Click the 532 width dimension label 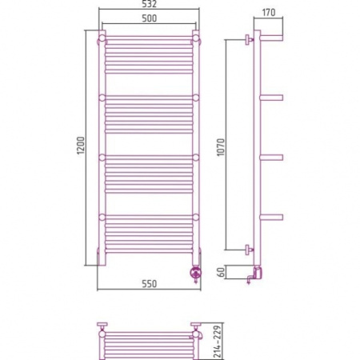pos(149,4)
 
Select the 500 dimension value pos(149,18)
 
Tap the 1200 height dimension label pos(80,146)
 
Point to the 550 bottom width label pos(149,284)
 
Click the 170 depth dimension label pos(269,12)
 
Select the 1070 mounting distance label pos(221,147)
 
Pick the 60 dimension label pos(221,272)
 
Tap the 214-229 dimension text pos(218,342)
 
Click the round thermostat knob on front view pos(195,273)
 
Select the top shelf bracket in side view pos(271,38)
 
